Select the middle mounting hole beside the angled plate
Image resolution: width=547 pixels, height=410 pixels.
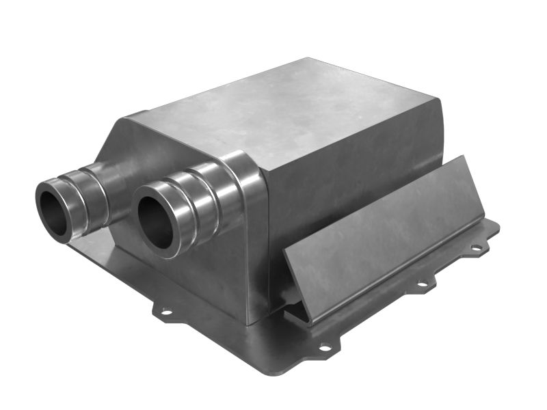(422, 283)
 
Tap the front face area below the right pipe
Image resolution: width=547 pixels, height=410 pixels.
(198, 273)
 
